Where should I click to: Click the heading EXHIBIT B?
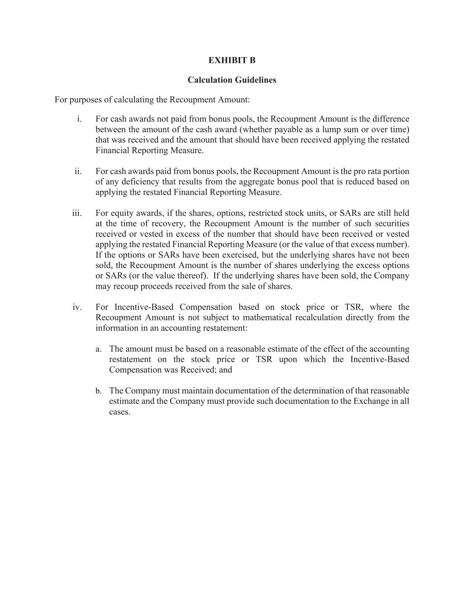click(232, 60)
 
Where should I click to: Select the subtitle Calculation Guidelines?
click(232, 80)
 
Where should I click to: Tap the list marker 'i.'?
click(79, 119)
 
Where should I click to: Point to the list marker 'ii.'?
click(78, 171)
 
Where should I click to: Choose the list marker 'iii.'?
click(77, 213)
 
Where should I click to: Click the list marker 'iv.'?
click(77, 307)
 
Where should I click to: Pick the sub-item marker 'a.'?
click(99, 349)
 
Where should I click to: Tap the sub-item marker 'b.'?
click(99, 391)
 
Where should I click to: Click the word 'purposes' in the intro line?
click(81, 100)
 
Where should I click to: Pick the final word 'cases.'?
click(120, 412)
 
